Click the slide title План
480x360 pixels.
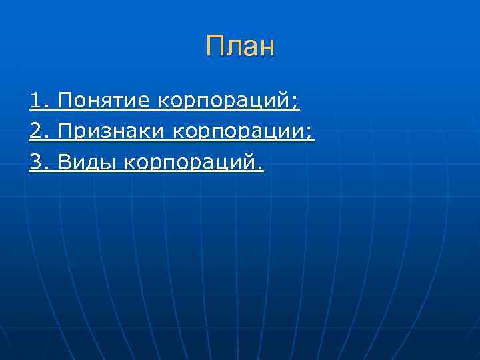[x=240, y=47]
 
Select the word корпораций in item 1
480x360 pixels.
[x=224, y=103]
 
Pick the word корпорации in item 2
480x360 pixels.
[x=239, y=133]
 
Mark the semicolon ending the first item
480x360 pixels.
[x=296, y=104]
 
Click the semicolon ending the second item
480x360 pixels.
[x=309, y=134]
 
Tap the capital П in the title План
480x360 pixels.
[x=215, y=47]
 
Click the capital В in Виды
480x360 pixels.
[x=65, y=161]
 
